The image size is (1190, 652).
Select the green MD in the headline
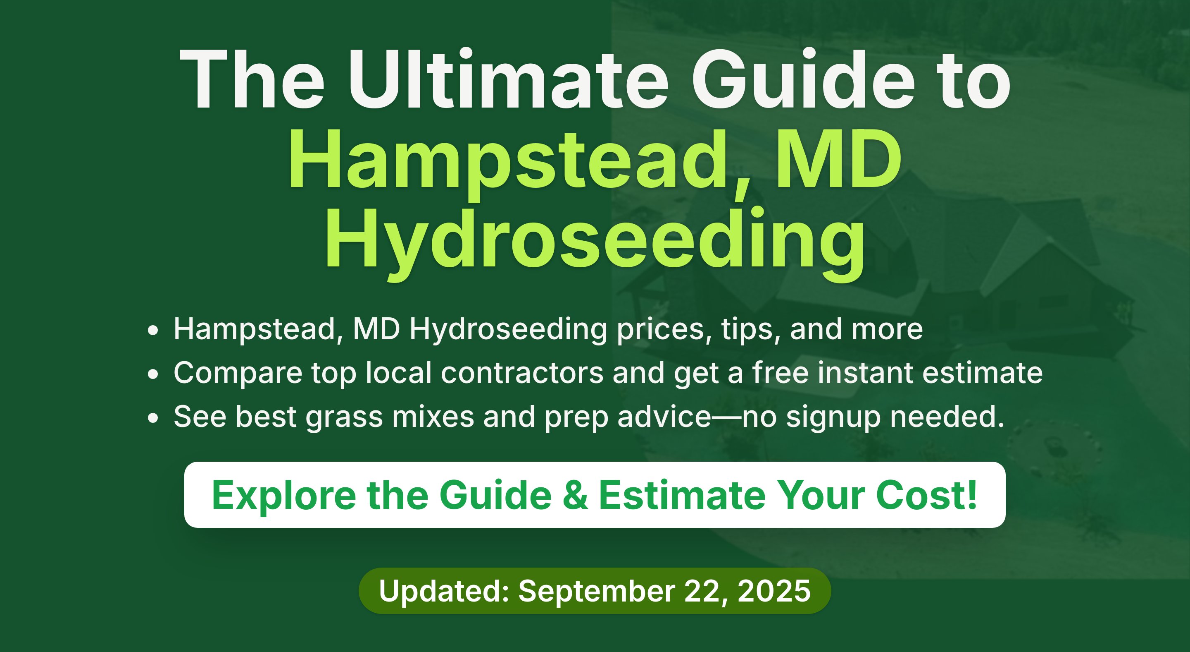[838, 160]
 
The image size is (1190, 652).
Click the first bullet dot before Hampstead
[153, 331]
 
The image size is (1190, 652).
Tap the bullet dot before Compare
[153, 374]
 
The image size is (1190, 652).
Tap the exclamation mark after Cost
[972, 494]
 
